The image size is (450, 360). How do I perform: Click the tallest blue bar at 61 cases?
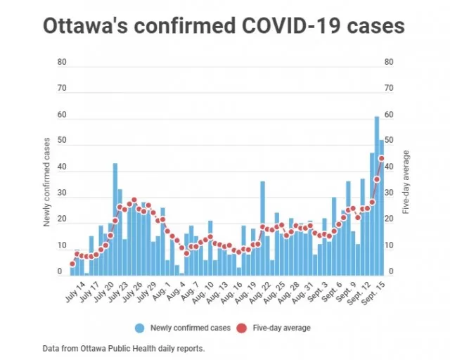point(377,195)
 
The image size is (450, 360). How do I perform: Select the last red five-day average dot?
point(381,158)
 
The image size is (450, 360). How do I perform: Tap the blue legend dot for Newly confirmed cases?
point(140,328)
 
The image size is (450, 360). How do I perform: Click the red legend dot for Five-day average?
point(242,328)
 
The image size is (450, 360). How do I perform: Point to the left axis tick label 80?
point(62,62)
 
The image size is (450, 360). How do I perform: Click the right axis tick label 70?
point(389,88)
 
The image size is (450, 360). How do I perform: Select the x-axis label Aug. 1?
point(161,291)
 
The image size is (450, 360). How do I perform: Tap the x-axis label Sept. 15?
point(373,292)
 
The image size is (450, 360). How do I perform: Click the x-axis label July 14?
point(75,292)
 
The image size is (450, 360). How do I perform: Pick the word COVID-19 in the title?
point(291,25)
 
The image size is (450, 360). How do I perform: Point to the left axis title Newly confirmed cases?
point(47,182)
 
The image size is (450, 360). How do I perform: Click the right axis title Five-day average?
point(406,182)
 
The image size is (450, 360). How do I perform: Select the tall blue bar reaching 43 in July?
point(115,219)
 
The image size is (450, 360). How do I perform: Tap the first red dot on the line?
point(72,264)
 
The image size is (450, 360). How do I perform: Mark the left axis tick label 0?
point(60,271)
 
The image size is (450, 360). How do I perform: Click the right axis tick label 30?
point(389,193)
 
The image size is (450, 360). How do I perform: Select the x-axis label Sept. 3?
point(316,292)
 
